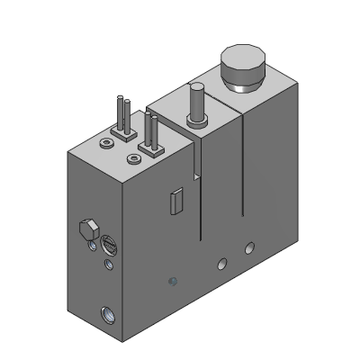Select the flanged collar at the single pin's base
[195, 121]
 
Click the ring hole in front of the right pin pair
[135, 159]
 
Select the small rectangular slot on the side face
[176, 201]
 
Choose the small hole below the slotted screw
[109, 265]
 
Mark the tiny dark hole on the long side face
[174, 282]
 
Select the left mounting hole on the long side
[220, 263]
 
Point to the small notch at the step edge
[193, 171]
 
